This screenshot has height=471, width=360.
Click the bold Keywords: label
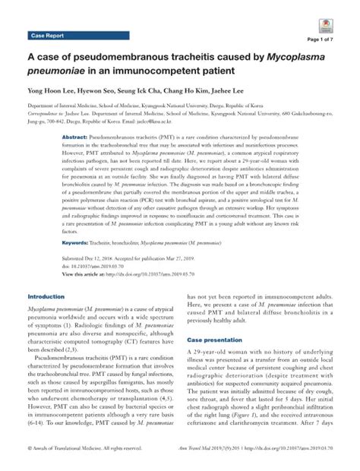[x=78, y=242]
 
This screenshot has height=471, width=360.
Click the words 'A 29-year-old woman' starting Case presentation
[x=239, y=355]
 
